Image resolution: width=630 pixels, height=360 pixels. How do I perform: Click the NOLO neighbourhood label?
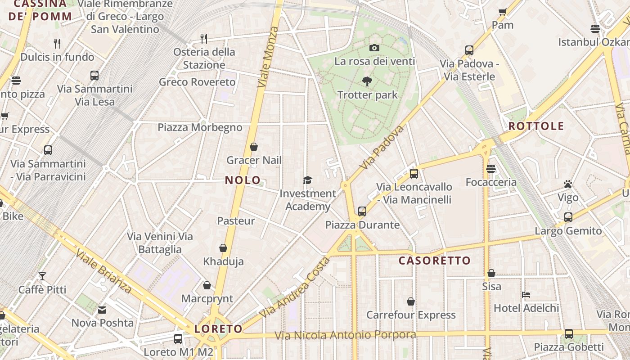point(243,180)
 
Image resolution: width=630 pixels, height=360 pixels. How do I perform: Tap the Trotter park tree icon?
point(367,81)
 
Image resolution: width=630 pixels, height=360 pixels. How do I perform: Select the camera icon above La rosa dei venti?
point(374,48)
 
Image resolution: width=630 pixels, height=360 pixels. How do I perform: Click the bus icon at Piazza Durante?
point(362,211)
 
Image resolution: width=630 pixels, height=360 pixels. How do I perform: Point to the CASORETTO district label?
point(434,261)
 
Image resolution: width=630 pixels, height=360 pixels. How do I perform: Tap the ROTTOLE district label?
point(536,126)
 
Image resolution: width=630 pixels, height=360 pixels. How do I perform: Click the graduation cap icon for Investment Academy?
point(307,180)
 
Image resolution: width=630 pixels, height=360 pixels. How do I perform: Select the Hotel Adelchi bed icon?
point(526,295)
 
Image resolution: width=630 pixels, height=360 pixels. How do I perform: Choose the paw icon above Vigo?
point(568,184)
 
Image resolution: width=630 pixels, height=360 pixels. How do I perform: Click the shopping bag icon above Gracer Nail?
point(254,147)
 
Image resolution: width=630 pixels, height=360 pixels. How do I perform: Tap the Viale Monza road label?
point(268,57)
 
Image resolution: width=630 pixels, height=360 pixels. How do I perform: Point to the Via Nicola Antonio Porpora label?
point(345,335)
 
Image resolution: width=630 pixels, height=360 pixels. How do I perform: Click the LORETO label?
point(218,329)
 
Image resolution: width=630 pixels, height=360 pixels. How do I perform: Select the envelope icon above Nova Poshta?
point(102,310)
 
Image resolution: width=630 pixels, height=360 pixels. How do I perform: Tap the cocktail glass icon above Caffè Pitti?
point(42,276)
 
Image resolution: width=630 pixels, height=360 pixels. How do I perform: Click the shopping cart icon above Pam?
point(503,12)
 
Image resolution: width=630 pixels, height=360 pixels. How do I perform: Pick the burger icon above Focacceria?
point(490,169)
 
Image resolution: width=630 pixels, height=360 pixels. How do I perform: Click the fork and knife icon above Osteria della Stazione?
point(204,38)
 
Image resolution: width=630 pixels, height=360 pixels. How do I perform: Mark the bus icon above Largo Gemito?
point(568,217)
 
